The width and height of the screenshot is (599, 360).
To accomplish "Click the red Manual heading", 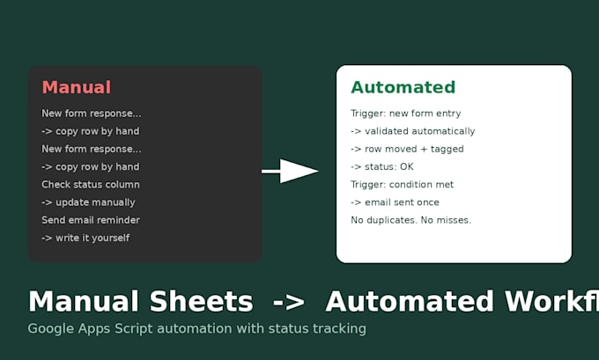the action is click(x=77, y=87).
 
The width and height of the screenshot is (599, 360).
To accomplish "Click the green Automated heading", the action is click(x=403, y=87).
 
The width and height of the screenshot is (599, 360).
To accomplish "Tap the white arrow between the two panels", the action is click(x=290, y=171).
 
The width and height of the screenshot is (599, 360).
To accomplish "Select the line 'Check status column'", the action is click(x=91, y=184).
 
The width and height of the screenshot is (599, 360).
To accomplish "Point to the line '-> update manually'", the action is click(x=88, y=202).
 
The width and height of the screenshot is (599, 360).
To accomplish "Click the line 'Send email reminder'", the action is click(x=91, y=220).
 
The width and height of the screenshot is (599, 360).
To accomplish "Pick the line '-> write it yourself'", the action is click(x=85, y=238).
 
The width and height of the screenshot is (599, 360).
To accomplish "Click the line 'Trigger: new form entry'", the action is click(x=406, y=114).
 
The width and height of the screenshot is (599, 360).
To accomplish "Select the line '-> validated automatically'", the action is click(x=413, y=131).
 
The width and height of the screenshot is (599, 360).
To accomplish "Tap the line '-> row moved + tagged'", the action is click(x=407, y=149).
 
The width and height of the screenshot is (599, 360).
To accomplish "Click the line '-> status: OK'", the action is click(x=382, y=167).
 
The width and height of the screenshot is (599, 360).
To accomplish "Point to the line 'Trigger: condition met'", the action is click(x=403, y=184).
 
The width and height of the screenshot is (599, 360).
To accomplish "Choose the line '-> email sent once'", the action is click(x=395, y=202).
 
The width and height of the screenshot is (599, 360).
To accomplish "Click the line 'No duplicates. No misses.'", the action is click(x=411, y=220).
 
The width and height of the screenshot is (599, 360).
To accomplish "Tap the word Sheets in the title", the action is click(x=202, y=302).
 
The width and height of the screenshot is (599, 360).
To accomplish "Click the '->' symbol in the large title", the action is click(x=289, y=302).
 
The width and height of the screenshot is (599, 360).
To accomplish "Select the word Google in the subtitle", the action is click(x=51, y=328).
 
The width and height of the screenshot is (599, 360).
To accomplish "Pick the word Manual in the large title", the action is click(x=84, y=302).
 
